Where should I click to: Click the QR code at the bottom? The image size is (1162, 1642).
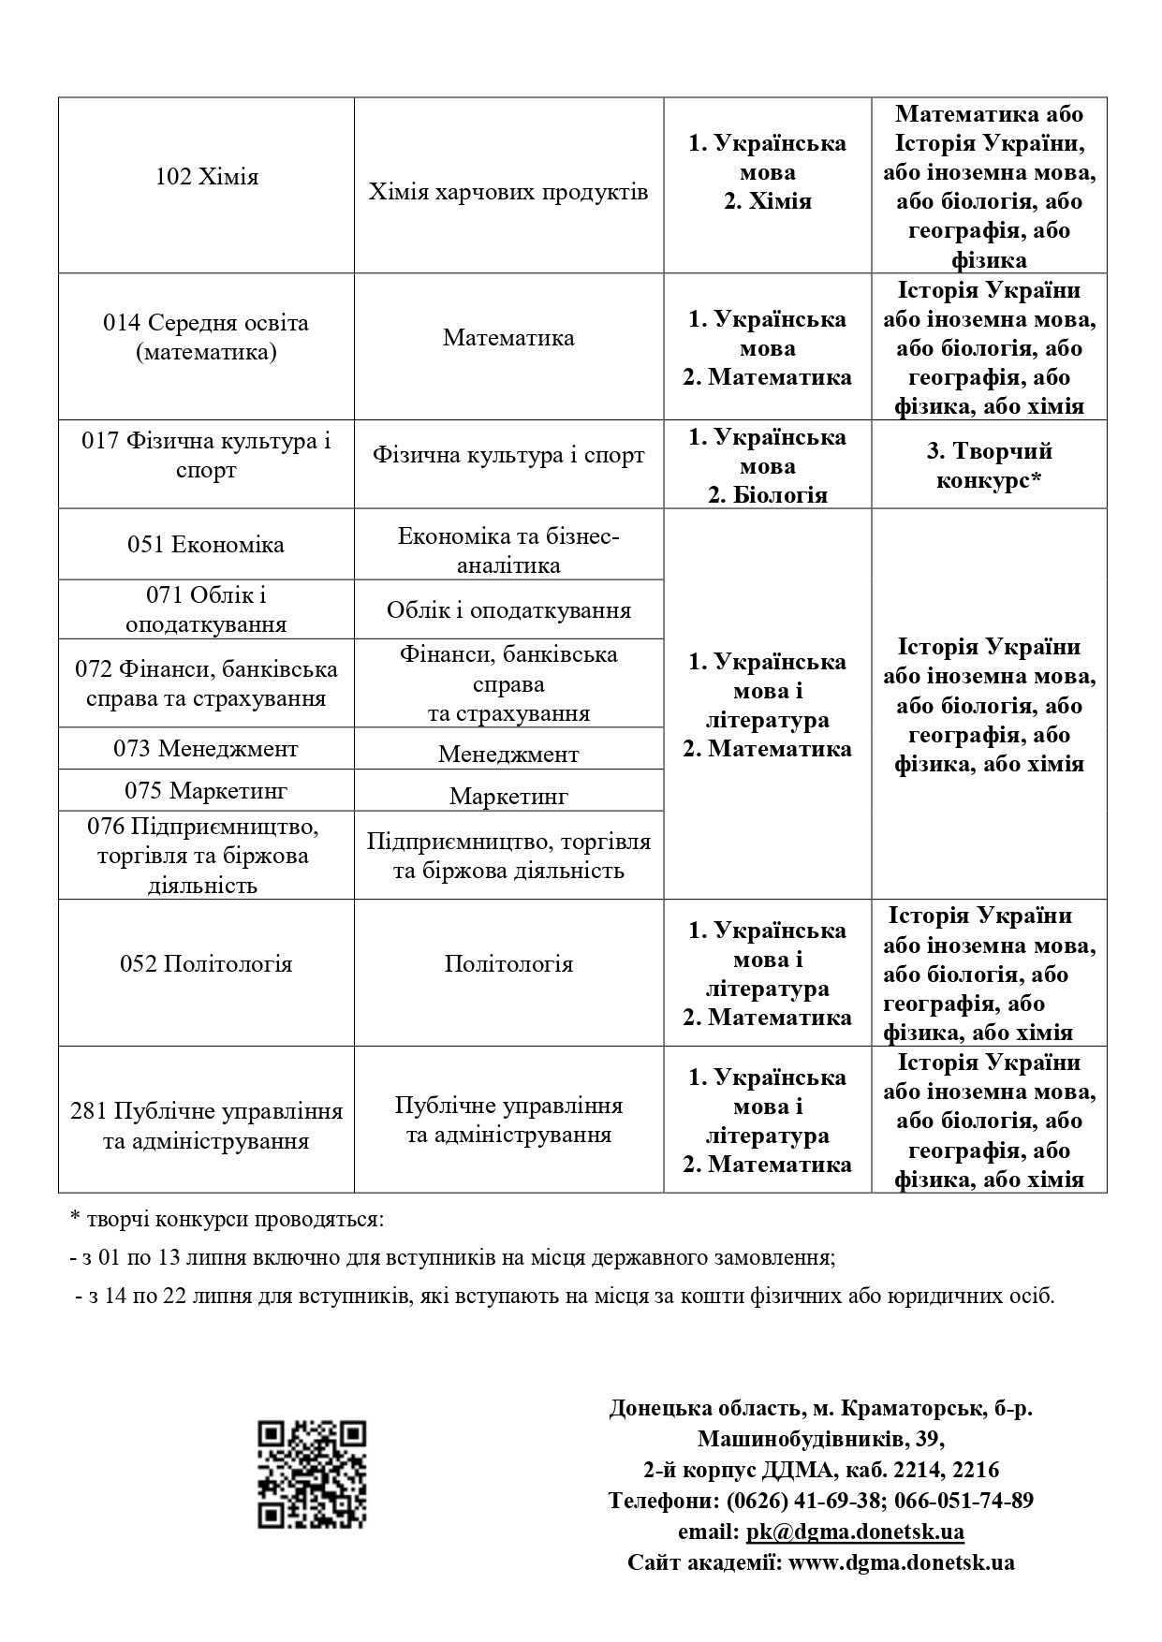point(312,1474)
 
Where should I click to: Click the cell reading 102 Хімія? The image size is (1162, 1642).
point(206,177)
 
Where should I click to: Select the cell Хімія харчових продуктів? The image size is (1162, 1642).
point(508,192)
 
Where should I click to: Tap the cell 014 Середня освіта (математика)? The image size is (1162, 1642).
point(206,337)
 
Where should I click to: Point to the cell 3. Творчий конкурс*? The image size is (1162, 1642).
point(989,465)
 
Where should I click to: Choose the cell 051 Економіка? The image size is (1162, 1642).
point(206,545)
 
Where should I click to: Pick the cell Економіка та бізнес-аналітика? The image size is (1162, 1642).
point(508,550)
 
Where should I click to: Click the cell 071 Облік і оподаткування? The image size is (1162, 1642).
point(206,609)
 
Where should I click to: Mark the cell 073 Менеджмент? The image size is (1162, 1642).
point(206,749)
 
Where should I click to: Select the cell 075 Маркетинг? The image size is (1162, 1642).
point(206,791)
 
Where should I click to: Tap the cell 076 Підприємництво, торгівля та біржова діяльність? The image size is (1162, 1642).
point(206,855)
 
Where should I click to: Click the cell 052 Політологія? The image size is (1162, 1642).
point(206,964)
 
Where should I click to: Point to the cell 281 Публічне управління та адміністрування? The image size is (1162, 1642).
point(206,1125)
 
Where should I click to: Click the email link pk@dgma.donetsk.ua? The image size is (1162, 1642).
point(855,1532)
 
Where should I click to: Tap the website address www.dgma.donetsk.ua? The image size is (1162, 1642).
point(901,1562)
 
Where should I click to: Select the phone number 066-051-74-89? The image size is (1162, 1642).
point(963,1501)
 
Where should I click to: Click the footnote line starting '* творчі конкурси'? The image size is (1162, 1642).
point(227,1220)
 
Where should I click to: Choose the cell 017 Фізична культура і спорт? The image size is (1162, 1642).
point(206,455)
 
